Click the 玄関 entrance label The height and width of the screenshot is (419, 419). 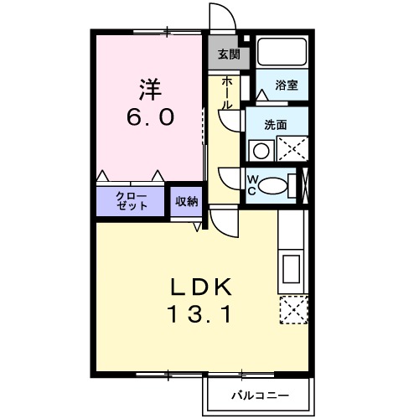(x=228, y=55)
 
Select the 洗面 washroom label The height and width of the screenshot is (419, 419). (x=275, y=124)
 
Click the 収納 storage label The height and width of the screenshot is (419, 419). (x=187, y=200)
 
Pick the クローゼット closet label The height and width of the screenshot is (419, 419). (x=132, y=200)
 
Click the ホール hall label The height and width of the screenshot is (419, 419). (x=227, y=92)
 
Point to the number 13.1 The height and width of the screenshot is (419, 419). (x=200, y=315)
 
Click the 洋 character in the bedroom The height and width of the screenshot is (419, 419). (x=150, y=86)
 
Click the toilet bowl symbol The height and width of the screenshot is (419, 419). (x=272, y=185)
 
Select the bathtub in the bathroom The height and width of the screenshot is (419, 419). (x=282, y=52)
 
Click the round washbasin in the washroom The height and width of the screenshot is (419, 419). (x=261, y=151)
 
